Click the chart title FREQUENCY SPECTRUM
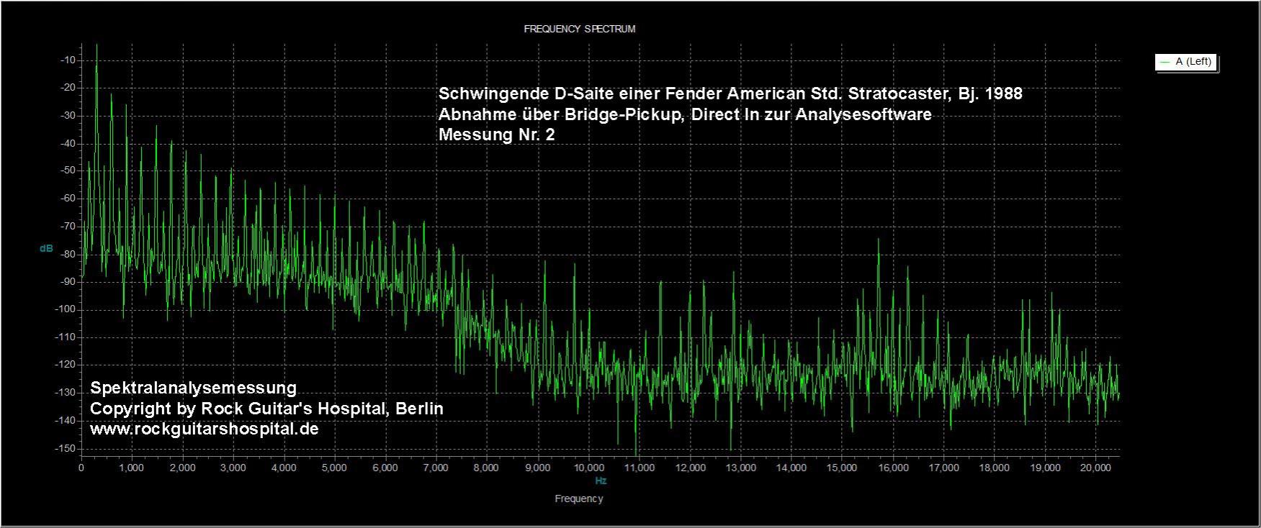579,29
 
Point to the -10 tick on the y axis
68,60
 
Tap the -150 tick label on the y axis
66,448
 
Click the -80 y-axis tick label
68,254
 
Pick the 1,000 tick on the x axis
131,468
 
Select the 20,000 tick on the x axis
1095,468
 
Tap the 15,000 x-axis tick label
842,468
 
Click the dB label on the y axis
46,248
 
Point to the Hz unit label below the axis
601,481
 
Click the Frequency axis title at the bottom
579,499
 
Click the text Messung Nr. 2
497,135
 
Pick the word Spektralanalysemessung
193,388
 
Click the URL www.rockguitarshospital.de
205,429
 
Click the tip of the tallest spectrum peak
97,45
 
